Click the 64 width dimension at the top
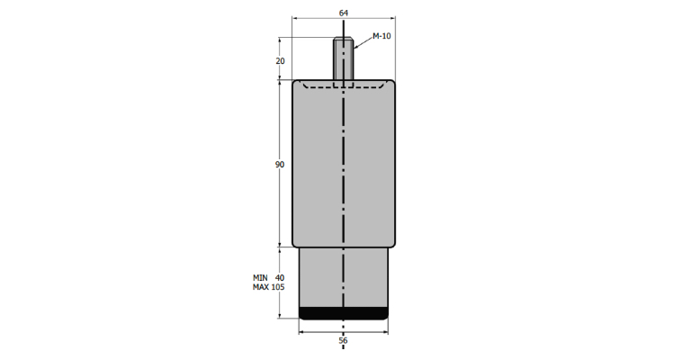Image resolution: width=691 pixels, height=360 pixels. (x=344, y=13)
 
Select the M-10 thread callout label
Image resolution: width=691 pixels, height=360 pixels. (x=381, y=36)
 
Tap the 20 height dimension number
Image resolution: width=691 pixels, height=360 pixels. (x=281, y=61)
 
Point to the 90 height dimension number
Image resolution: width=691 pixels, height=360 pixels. (x=280, y=165)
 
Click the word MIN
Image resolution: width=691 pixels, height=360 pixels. (x=260, y=278)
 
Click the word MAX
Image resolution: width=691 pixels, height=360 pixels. (x=261, y=287)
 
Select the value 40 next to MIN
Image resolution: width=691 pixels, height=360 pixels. (x=280, y=278)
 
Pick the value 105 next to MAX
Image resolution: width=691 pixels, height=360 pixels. (x=278, y=287)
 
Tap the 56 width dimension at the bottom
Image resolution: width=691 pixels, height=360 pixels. (x=344, y=340)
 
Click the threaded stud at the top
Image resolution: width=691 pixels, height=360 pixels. (x=343, y=58)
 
